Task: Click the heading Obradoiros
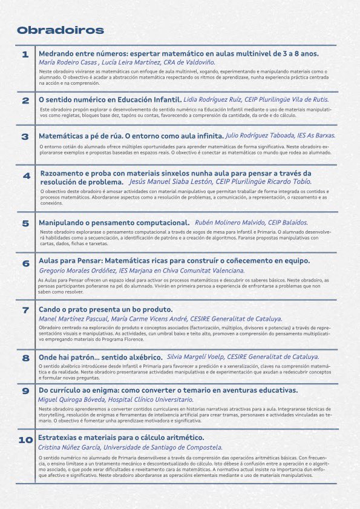point(60,30)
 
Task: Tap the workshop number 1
point(25,55)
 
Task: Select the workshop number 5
point(25,223)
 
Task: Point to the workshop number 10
point(25,440)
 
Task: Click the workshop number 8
point(25,358)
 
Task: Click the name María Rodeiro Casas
point(67,62)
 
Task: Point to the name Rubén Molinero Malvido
point(237,223)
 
